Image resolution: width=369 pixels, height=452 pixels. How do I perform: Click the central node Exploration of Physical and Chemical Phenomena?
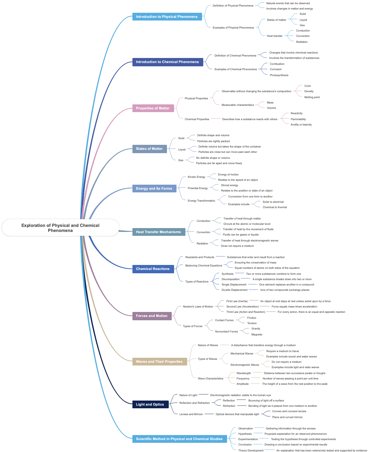coord(60,228)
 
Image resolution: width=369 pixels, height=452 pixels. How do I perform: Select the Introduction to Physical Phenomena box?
coord(167,17)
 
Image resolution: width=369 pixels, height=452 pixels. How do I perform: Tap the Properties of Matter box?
coord(153,108)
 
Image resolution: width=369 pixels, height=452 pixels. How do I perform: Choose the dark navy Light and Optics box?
coord(150,404)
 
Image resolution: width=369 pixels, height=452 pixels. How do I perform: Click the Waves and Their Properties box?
coord(160,362)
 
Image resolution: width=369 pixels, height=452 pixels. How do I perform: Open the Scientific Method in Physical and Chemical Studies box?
coord(179,439)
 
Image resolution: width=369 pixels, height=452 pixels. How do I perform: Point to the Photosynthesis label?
coord(279,75)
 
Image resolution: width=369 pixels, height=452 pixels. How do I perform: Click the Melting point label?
coord(312,97)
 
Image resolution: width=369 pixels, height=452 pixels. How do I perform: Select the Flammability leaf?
coord(298,119)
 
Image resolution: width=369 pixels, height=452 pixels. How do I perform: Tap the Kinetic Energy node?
coord(196,177)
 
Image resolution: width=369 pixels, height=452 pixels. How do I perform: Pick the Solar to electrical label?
coord(273,202)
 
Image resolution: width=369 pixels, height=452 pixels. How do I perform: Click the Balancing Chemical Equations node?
coord(204,266)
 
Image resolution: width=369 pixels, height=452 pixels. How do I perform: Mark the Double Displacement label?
coord(234,290)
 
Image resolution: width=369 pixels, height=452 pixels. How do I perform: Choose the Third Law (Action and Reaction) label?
coord(246,312)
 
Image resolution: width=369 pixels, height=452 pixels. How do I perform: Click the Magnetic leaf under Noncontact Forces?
coord(257,335)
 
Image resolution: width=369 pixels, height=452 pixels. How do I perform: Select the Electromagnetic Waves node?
coord(245,365)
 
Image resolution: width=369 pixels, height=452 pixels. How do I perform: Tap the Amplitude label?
coord(243,384)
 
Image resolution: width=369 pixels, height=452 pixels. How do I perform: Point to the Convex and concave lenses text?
coord(289,411)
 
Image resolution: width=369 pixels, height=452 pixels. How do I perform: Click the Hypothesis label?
coord(245,434)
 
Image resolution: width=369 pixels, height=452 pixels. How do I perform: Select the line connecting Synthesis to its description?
coord(240,273)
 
